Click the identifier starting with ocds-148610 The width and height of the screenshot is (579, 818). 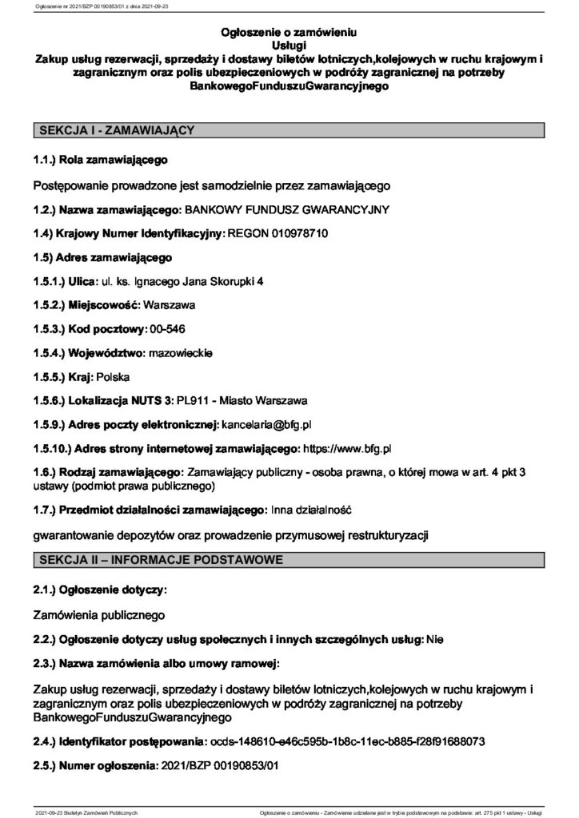pyautogui.click(x=346, y=742)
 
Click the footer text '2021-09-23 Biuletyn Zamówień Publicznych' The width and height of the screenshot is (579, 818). pyautogui.click(x=87, y=812)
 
